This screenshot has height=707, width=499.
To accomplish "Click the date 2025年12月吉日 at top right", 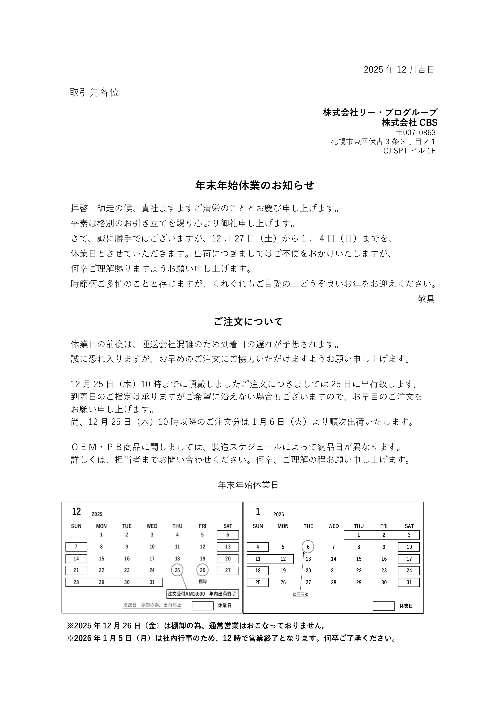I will (399, 70).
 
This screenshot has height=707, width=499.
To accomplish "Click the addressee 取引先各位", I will (94, 92).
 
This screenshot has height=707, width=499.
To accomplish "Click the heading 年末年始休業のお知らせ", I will (255, 185).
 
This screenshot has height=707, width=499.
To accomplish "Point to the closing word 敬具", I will (426, 299).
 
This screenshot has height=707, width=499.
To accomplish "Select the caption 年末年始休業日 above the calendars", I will (248, 485).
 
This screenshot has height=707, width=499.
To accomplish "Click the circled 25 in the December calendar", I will (177, 570).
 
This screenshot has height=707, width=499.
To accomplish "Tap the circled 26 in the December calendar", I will (202, 570).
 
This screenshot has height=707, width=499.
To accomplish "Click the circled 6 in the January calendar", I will (308, 547).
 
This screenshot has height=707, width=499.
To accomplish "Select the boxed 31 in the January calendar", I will (409, 582).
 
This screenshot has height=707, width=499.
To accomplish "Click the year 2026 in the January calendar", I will (279, 515).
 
